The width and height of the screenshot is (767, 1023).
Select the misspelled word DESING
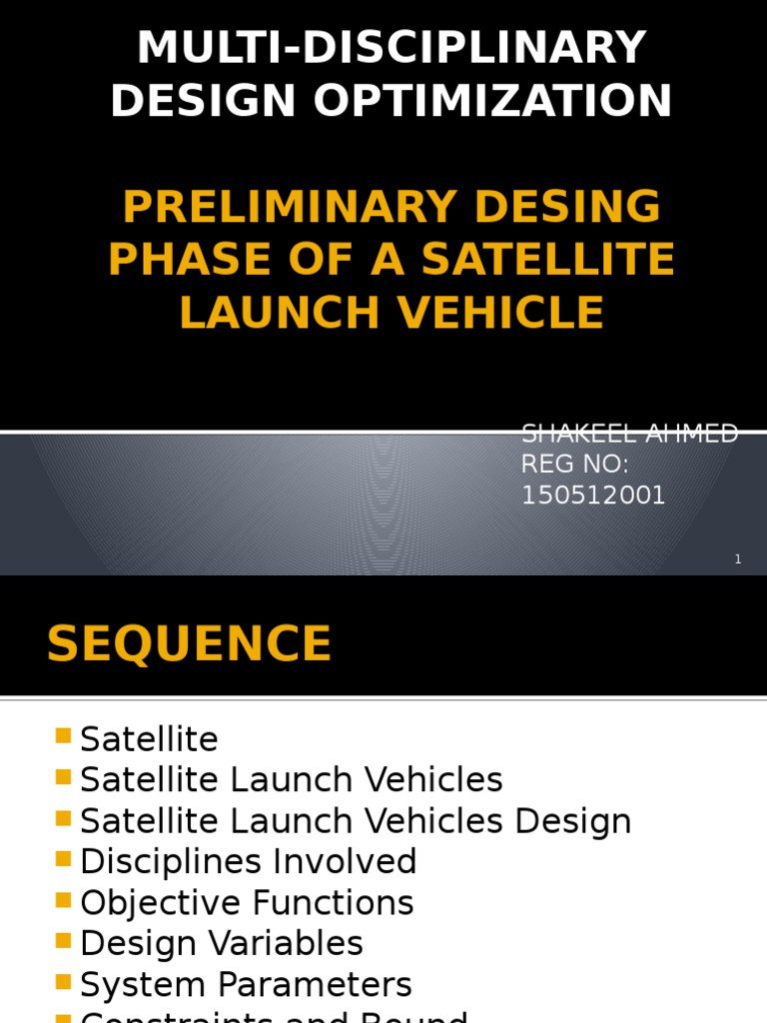click(567, 207)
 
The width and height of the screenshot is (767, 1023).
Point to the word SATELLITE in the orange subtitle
click(548, 260)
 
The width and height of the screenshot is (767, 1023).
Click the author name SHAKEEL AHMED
click(629, 434)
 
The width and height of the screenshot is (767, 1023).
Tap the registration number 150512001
click(593, 496)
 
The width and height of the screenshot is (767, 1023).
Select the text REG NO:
click(575, 465)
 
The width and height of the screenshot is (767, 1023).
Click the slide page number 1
click(738, 559)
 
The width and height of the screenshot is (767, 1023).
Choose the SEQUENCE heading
click(189, 644)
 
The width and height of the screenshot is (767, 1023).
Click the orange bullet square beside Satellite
click(64, 737)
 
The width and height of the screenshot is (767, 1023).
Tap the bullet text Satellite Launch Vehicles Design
click(356, 821)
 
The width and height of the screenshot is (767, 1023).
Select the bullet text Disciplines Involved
click(248, 862)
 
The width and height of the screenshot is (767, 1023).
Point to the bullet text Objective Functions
click(247, 903)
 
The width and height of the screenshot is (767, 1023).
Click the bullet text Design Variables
click(221, 944)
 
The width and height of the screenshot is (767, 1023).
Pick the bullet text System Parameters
click(246, 985)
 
